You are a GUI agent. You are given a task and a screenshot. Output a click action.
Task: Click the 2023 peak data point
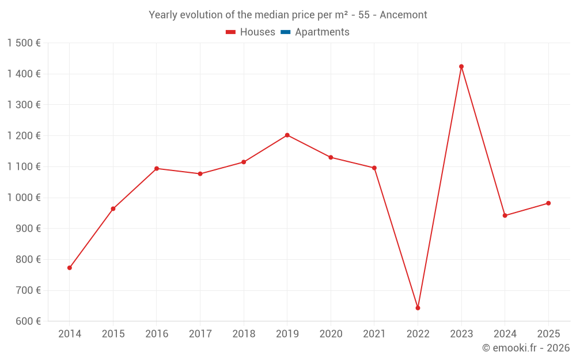461,66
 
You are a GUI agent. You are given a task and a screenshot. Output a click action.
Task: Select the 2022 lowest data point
418,308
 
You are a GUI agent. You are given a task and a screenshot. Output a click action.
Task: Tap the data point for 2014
70,268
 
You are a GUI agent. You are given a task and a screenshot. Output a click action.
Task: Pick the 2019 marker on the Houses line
287,135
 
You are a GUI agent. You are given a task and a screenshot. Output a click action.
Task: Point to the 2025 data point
548,203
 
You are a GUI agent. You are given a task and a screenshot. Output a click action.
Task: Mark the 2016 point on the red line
157,168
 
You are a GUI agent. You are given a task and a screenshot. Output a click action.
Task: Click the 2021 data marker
374,168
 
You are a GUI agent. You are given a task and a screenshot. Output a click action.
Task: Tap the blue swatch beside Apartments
285,32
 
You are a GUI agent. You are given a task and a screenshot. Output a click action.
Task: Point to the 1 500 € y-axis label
24,43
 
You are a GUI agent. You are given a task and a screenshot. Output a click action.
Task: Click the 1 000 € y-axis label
24,198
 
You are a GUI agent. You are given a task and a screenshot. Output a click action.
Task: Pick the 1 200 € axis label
24,136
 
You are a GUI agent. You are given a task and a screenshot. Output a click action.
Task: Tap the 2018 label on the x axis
244,334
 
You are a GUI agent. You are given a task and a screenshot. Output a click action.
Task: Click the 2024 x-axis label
505,334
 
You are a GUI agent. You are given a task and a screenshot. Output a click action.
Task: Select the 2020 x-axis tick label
331,334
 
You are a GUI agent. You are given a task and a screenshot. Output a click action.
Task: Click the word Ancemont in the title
403,15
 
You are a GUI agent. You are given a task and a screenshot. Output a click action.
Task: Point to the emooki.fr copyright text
526,348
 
